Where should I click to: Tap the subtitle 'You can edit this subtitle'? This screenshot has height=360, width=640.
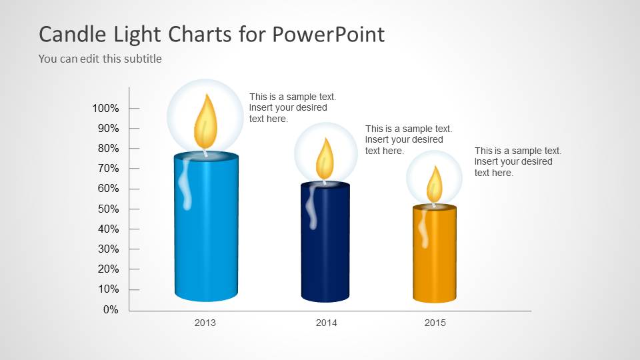click(100, 59)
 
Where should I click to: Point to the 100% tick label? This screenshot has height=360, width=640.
click(106, 109)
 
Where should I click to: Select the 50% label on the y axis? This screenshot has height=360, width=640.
click(109, 209)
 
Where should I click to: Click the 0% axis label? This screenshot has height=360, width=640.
click(111, 310)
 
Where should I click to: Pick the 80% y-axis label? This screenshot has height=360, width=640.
click(109, 149)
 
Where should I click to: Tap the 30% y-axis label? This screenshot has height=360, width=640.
click(109, 249)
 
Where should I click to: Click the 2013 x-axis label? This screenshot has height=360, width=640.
click(205, 323)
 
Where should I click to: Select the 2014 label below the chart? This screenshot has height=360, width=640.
click(327, 323)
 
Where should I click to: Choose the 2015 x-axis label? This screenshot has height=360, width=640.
click(435, 323)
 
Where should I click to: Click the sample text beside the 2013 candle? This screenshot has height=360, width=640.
click(293, 108)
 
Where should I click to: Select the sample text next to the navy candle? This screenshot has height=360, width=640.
click(409, 140)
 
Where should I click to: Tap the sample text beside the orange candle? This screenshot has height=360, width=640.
click(518, 162)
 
